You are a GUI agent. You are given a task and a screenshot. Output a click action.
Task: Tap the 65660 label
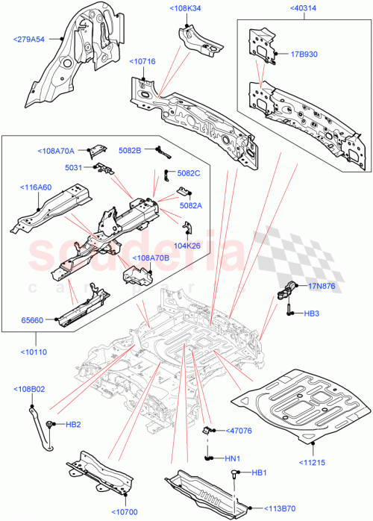[34, 319]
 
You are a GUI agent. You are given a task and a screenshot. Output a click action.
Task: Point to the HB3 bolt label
[312, 313]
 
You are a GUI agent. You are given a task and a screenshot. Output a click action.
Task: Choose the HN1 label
[233, 458]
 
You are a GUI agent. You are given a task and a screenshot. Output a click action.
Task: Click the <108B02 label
[31, 389]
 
